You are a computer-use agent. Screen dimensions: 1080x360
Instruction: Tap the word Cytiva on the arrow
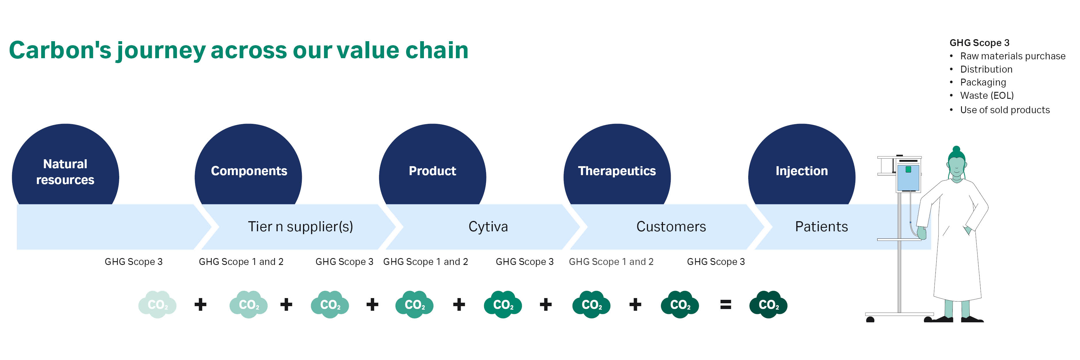(x=488, y=227)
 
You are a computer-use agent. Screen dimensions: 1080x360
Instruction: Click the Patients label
(x=821, y=227)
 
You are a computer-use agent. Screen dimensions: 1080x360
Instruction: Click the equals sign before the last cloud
(x=726, y=305)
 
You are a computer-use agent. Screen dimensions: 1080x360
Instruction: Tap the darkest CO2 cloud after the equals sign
(x=768, y=305)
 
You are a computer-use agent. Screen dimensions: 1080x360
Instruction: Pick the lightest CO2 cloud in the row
(x=158, y=305)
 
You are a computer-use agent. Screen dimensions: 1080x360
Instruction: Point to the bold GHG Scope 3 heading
(x=979, y=43)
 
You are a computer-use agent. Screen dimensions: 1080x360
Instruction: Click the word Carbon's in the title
(x=60, y=50)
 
